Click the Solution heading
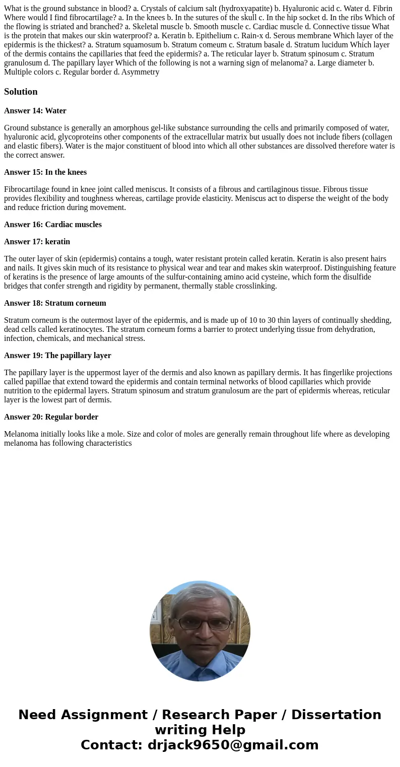tap(21, 92)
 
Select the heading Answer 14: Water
tap(35, 111)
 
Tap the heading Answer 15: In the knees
tap(45, 172)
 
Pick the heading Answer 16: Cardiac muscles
tap(53, 225)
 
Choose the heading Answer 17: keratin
tap(37, 242)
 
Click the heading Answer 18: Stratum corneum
tap(55, 303)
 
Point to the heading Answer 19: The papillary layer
tap(57, 356)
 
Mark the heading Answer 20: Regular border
tap(51, 417)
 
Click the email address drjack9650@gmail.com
tap(233, 745)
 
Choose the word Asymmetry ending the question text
tap(140, 72)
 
